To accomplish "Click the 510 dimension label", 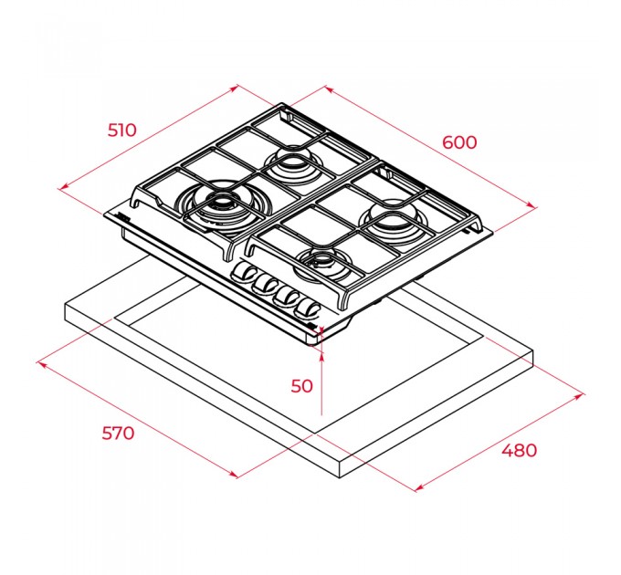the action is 122,130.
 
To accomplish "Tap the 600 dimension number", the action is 459,142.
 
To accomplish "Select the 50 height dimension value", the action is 301,386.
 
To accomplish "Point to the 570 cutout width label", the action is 118,433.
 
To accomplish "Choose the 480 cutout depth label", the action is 520,450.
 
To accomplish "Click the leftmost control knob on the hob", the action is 242,272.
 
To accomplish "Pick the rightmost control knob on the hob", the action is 308,308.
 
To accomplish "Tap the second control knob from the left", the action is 265,284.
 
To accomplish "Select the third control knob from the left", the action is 286,296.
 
